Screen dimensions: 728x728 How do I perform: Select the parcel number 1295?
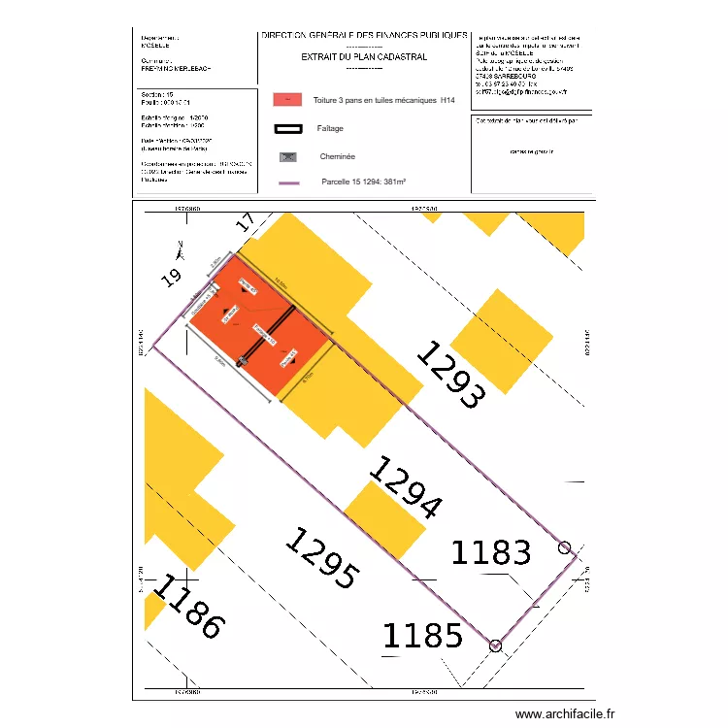tap(323, 559)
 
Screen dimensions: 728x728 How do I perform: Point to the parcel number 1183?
tap(491, 552)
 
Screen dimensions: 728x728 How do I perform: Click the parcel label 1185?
tap(422, 636)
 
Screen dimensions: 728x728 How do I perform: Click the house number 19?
tap(171, 279)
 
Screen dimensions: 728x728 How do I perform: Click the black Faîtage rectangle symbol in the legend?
tap(288, 128)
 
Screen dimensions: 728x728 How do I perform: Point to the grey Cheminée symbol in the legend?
tap(288, 156)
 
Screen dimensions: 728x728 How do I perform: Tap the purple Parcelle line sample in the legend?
tap(288, 182)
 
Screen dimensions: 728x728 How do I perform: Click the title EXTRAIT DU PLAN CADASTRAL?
tap(364, 57)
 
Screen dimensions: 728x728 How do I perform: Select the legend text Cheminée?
tap(338, 156)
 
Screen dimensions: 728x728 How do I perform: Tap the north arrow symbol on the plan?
tap(180, 247)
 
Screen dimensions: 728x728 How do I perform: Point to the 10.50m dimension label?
tap(286, 284)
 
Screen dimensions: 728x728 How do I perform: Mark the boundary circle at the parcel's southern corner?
tap(495, 645)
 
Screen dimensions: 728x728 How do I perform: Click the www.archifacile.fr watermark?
tap(565, 714)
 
